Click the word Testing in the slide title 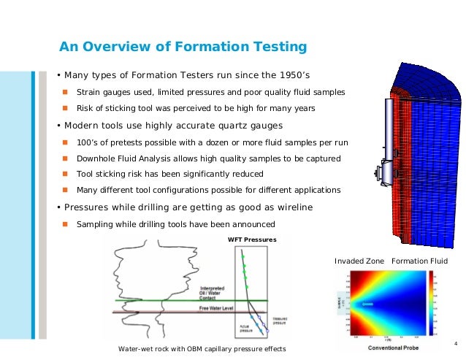click(x=276, y=47)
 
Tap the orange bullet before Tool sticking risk click(x=64, y=175)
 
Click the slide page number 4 click(x=455, y=344)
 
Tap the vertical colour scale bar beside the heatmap click(x=432, y=303)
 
